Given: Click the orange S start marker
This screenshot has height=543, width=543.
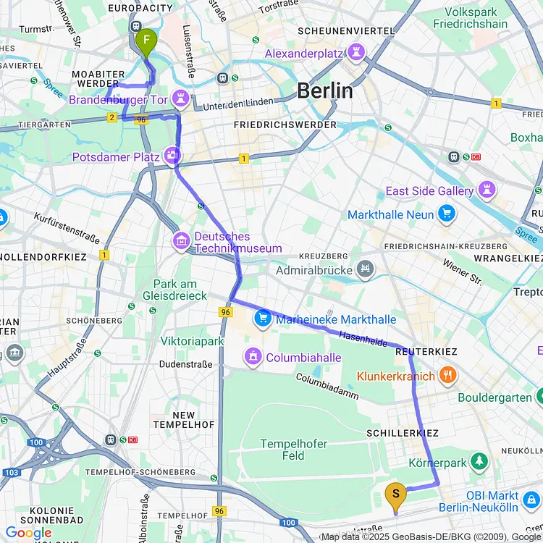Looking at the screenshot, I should point(395,494).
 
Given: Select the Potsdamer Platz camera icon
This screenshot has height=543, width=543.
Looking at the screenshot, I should point(173,155).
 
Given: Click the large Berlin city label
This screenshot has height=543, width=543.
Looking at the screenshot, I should point(325,91).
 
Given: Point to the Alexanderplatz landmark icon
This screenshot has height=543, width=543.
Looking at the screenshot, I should point(355,53).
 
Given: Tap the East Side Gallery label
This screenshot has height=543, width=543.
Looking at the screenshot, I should point(430,191).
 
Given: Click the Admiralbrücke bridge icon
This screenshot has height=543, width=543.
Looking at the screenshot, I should point(366,270).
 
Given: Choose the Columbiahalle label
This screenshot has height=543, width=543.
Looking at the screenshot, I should point(303,357).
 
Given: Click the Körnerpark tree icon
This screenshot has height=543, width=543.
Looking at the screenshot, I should point(478,460).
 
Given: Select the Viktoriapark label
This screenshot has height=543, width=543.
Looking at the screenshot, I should point(193,341).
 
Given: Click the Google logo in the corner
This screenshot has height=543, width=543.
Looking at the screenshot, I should point(28,534).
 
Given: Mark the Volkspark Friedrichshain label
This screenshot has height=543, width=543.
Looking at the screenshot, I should point(477,19).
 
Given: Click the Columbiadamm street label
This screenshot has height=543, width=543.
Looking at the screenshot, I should point(327,386).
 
